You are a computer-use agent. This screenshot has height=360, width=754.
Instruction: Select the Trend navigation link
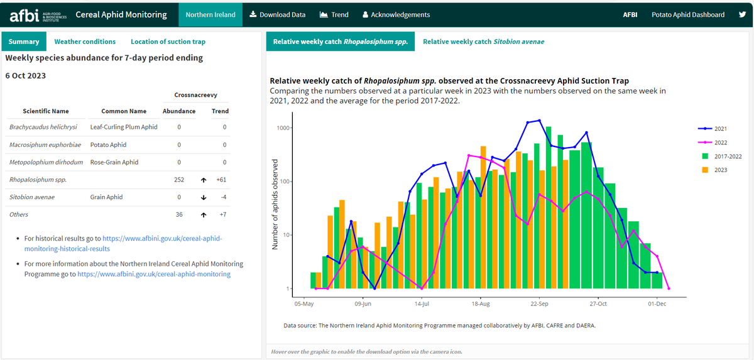click(334, 14)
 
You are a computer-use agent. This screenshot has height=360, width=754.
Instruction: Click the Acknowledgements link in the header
click(396, 14)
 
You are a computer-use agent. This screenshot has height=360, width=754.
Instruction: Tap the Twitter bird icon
click(742, 14)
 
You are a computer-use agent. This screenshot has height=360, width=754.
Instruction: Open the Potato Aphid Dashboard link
click(687, 14)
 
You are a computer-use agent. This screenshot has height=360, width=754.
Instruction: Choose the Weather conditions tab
click(85, 41)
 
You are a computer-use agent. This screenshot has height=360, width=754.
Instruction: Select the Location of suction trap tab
click(168, 41)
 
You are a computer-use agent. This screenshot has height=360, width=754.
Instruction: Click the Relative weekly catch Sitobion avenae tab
click(483, 41)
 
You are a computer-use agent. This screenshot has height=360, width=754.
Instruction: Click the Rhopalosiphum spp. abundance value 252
click(179, 180)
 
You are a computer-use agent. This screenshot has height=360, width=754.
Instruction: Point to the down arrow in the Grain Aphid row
click(204, 197)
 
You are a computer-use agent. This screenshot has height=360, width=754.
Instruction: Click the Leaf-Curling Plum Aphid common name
click(124, 127)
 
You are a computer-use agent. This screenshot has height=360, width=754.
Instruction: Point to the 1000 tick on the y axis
click(283, 128)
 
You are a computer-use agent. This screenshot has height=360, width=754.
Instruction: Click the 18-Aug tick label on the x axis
click(480, 304)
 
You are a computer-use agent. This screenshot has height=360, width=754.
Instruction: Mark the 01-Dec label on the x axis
click(657, 304)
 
